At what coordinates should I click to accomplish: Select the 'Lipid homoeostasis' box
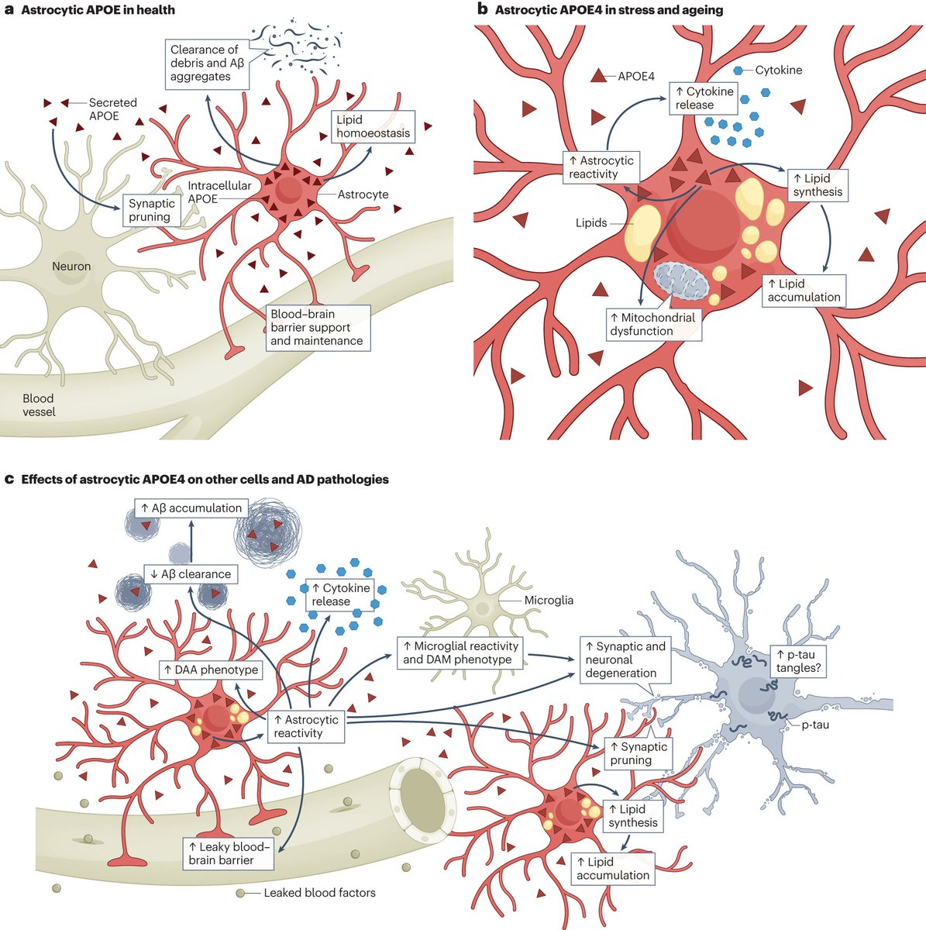click(373, 127)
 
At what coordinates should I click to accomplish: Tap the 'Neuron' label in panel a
click(71, 267)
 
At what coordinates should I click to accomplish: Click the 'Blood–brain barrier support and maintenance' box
click(316, 328)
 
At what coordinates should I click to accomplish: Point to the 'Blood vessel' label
click(39, 405)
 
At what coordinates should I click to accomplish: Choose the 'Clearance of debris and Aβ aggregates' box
click(207, 63)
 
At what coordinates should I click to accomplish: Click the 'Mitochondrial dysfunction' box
click(652, 324)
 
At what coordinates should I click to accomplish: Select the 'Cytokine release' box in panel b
click(704, 98)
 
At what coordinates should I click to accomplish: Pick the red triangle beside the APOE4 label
click(599, 76)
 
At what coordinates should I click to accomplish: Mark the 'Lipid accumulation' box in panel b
click(804, 290)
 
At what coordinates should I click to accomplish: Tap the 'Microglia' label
click(549, 601)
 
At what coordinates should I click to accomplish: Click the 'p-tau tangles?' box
click(797, 661)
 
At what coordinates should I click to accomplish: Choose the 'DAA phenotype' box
click(209, 670)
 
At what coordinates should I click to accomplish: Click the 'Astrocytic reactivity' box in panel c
click(306, 726)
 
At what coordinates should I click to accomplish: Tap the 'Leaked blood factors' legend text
click(319, 893)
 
